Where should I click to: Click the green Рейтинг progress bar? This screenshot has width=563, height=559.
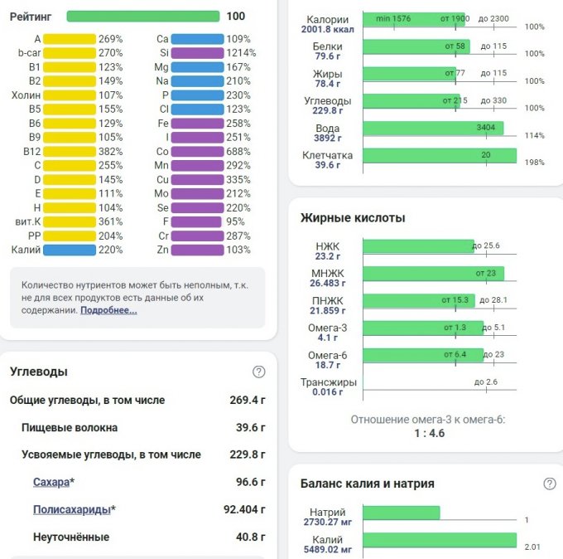(142, 16)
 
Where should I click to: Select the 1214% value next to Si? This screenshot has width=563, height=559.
(241, 52)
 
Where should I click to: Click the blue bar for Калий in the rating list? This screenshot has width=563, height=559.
(70, 250)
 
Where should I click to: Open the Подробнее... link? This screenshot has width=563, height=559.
(108, 310)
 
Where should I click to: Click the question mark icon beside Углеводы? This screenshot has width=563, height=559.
(259, 372)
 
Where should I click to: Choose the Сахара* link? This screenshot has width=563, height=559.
(52, 482)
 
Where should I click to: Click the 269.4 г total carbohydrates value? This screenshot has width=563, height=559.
(248, 400)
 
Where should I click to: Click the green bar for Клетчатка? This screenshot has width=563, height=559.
(439, 155)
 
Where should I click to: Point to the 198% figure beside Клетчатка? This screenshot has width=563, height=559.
(534, 163)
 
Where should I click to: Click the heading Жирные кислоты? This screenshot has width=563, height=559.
(353, 218)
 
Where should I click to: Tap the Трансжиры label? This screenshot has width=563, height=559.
(329, 382)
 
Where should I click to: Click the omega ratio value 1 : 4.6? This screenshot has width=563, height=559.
(428, 433)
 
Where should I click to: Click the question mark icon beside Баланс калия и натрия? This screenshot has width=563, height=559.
(549, 484)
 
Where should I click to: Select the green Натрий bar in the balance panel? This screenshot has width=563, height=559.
(401, 513)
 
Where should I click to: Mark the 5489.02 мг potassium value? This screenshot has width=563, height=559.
(329, 549)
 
